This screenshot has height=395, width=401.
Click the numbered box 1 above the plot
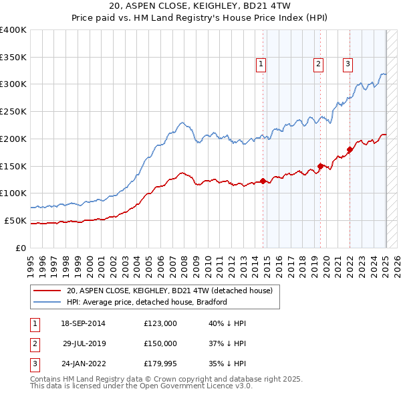(x=260, y=64)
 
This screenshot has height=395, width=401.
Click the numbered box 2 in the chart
(x=317, y=64)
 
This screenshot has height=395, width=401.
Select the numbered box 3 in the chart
(x=348, y=64)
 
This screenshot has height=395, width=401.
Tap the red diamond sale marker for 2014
(x=263, y=180)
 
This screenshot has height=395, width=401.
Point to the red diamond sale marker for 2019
(x=320, y=165)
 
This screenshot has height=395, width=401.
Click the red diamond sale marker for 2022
(x=350, y=149)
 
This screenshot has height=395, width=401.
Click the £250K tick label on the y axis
(x=13, y=111)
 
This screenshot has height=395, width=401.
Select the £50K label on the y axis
(x=16, y=220)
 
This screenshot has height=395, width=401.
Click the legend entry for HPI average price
(x=147, y=302)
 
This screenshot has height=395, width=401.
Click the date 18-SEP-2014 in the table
(x=83, y=323)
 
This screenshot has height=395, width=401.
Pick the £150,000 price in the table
(x=160, y=343)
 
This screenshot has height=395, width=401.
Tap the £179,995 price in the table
(x=160, y=364)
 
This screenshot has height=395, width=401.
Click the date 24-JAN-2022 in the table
(x=83, y=364)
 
